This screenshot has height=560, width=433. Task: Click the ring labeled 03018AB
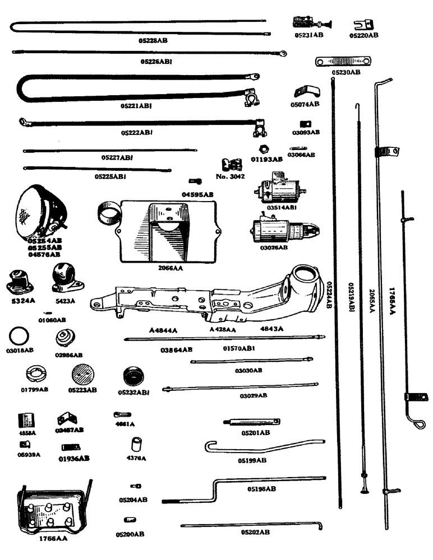click(x=20, y=337)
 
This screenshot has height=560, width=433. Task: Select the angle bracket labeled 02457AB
click(x=68, y=419)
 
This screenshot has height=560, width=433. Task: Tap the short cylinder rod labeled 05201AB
click(x=251, y=423)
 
